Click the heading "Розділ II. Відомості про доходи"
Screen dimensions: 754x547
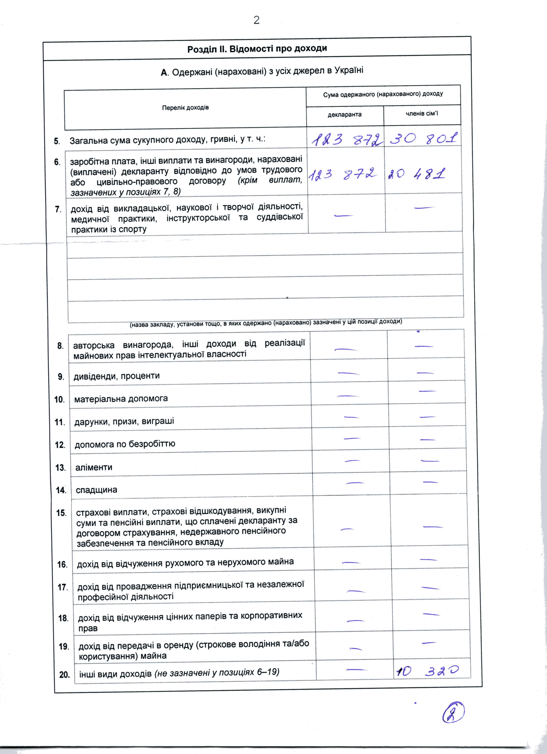click(x=257, y=49)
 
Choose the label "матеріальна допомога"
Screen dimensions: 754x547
click(x=121, y=399)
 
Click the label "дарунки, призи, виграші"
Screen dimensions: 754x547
click(x=124, y=422)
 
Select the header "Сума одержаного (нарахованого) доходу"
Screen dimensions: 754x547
click(x=383, y=94)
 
